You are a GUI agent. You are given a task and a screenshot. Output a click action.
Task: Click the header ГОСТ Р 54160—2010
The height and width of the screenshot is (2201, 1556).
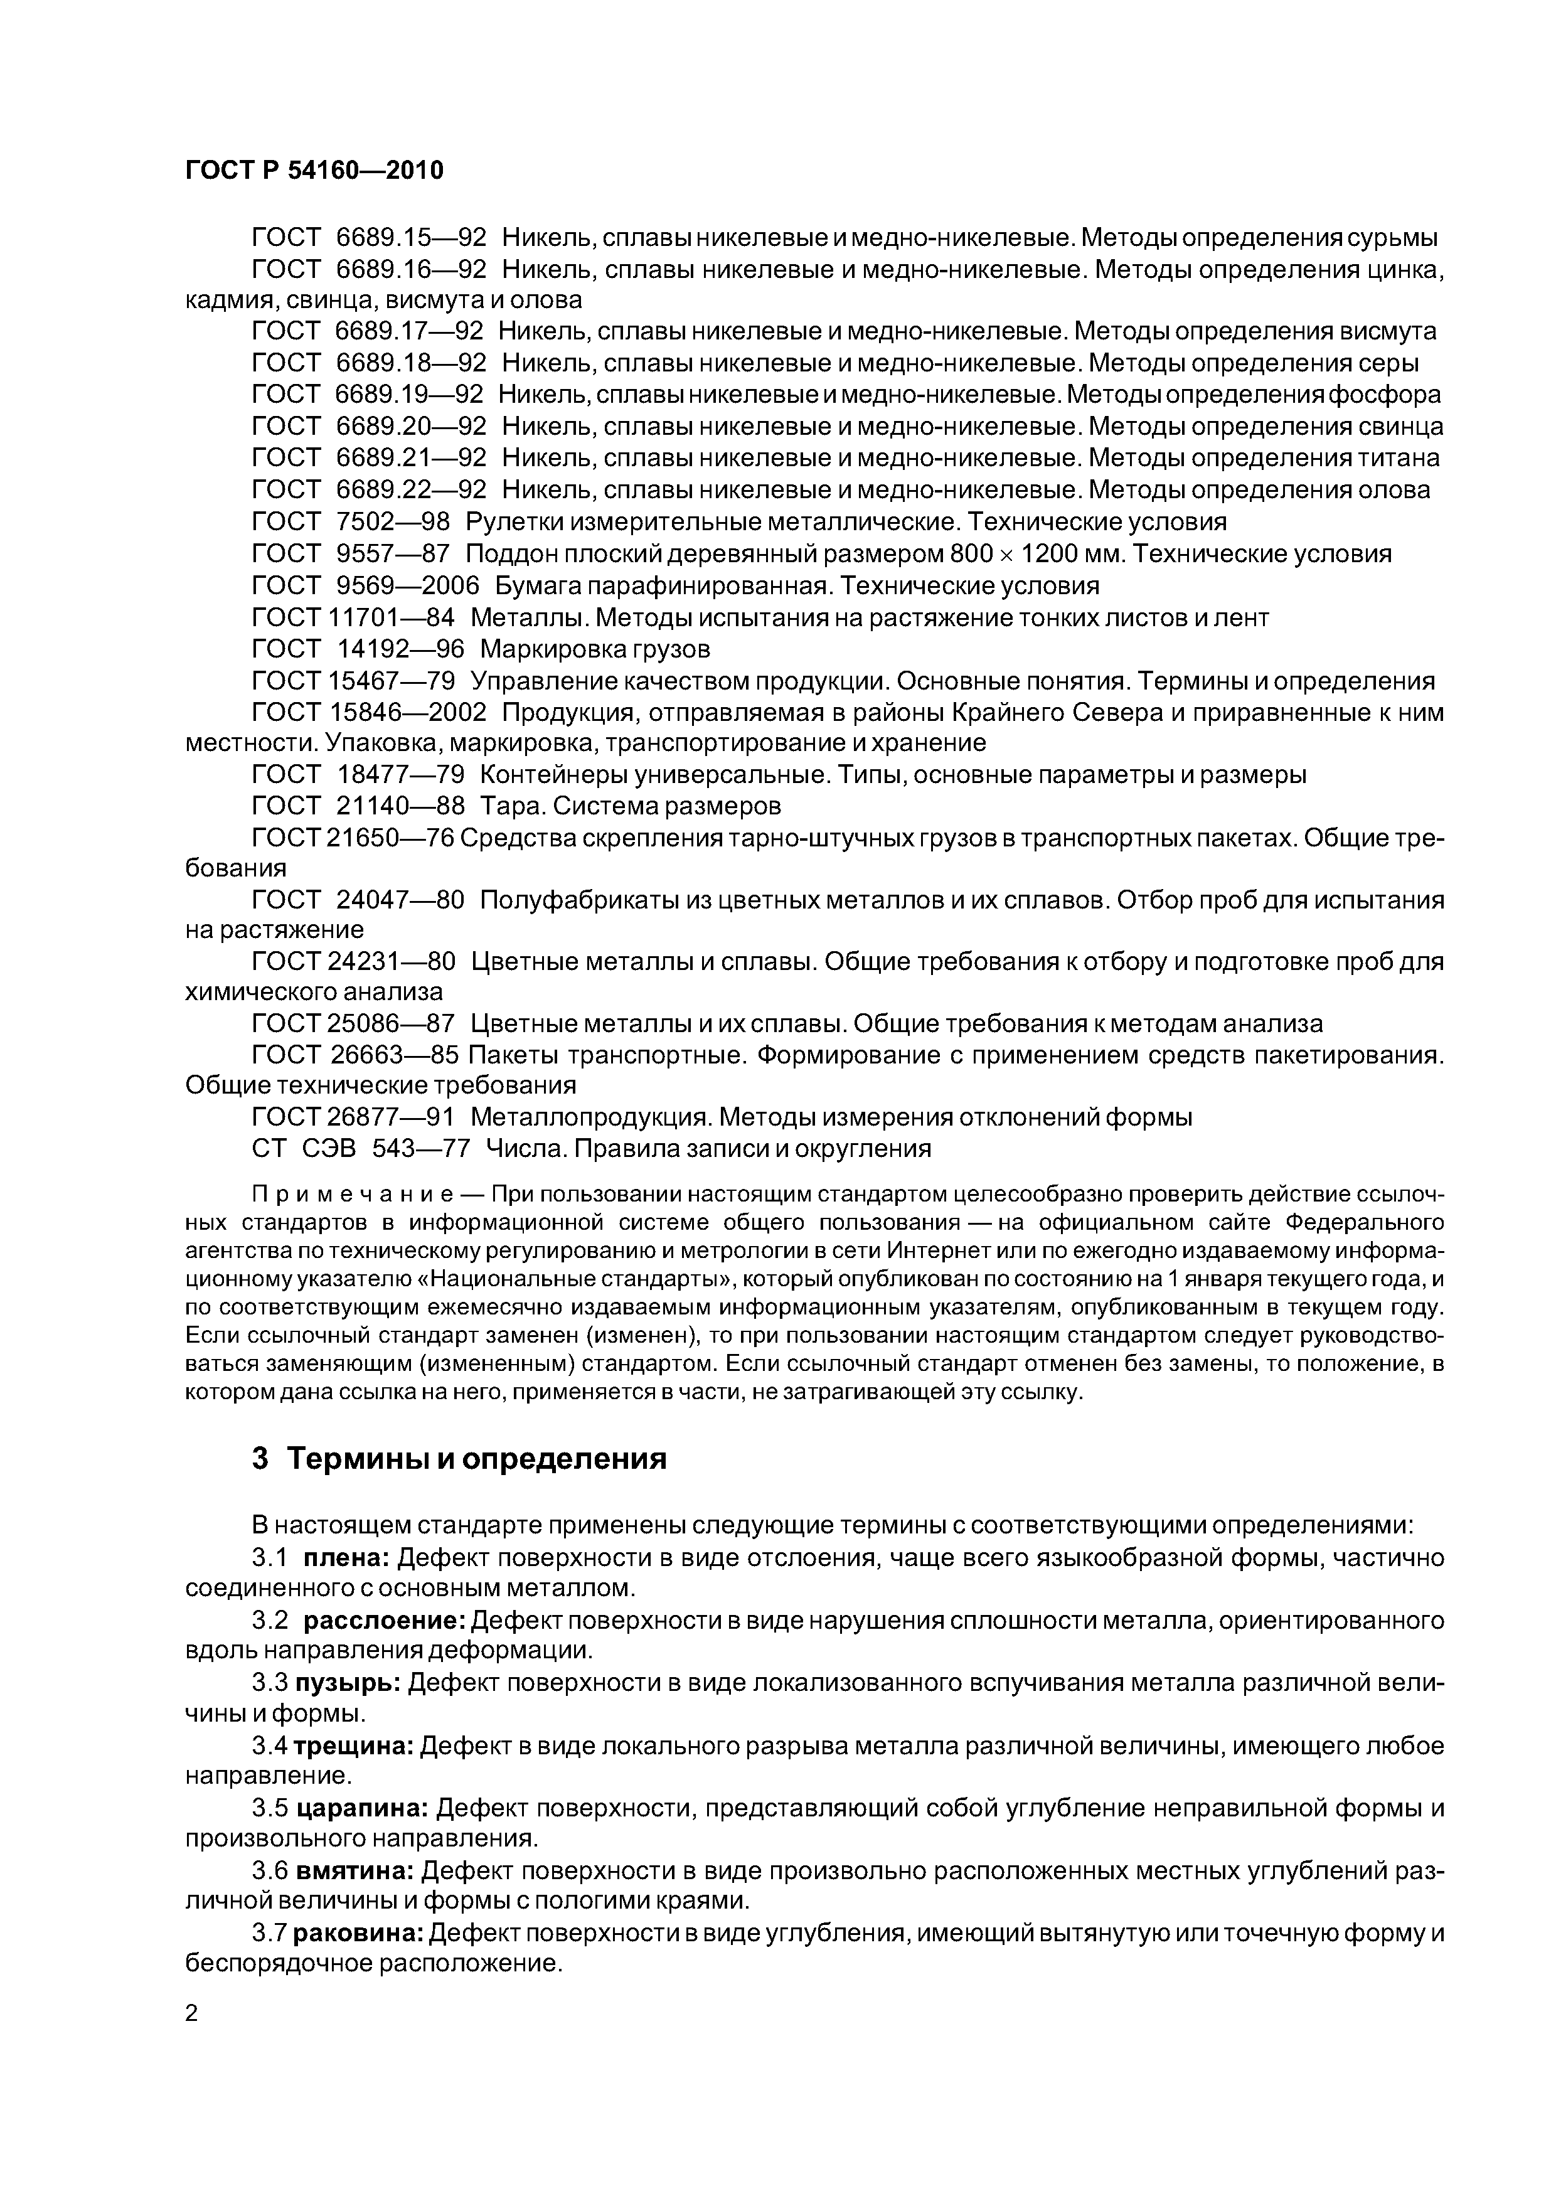(x=314, y=171)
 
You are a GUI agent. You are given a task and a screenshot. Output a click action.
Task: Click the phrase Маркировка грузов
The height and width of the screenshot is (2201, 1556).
(x=594, y=649)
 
